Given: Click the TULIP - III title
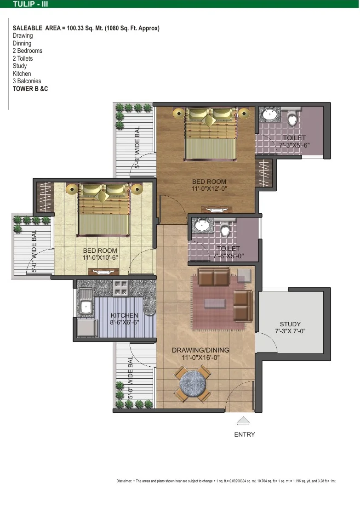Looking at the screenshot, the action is pos(30,4).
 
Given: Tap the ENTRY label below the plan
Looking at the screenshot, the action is pos(244,434).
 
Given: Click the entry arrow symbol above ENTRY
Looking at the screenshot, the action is pos(243,421).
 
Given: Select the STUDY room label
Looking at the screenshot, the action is pos(290,324).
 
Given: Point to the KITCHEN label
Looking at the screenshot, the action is pos(125,315).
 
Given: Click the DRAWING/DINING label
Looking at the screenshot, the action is pos(200,350).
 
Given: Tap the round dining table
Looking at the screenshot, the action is pos(193,383).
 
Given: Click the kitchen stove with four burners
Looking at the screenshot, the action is pos(121,288).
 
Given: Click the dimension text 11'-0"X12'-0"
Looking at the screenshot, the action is pos(209,188).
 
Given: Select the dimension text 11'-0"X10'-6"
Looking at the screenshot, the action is pos(100,258).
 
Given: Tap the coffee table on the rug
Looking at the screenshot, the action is pos(215,303).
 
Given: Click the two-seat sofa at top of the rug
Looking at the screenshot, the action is pos(214,277).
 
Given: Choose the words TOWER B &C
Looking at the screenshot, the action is pos(30,89).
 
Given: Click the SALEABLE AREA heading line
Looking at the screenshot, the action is pos(86,28).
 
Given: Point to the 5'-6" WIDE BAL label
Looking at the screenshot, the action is pos(137,147).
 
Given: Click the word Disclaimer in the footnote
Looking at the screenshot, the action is pos(124,481).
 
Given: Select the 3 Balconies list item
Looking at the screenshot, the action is pos(27,81).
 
